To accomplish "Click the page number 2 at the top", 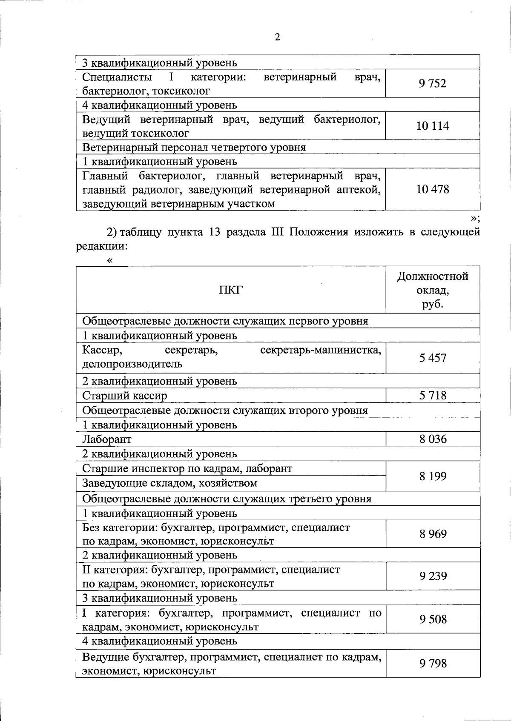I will (x=277, y=37).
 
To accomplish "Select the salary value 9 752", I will (x=432, y=83).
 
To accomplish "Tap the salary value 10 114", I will (x=432, y=126).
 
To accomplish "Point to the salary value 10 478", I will (x=432, y=189).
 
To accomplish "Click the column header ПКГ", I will (x=230, y=290).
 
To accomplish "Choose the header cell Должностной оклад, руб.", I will (x=432, y=290).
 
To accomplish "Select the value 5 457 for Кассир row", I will (x=432, y=358).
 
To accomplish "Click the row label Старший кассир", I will (x=124, y=396).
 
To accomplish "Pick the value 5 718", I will (x=432, y=396).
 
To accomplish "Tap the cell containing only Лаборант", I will (x=107, y=439).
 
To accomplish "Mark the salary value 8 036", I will (x=432, y=439).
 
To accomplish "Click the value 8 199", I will (x=432, y=476).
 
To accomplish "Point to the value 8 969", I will (x=432, y=534).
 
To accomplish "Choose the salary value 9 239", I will (x=432, y=576).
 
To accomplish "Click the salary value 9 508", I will (x=432, y=619).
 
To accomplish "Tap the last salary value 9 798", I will (x=432, y=663).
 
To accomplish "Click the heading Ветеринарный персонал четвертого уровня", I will (x=194, y=148).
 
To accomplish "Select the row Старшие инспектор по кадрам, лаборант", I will (x=187, y=469).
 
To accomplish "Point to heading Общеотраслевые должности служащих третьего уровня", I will (x=227, y=499).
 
